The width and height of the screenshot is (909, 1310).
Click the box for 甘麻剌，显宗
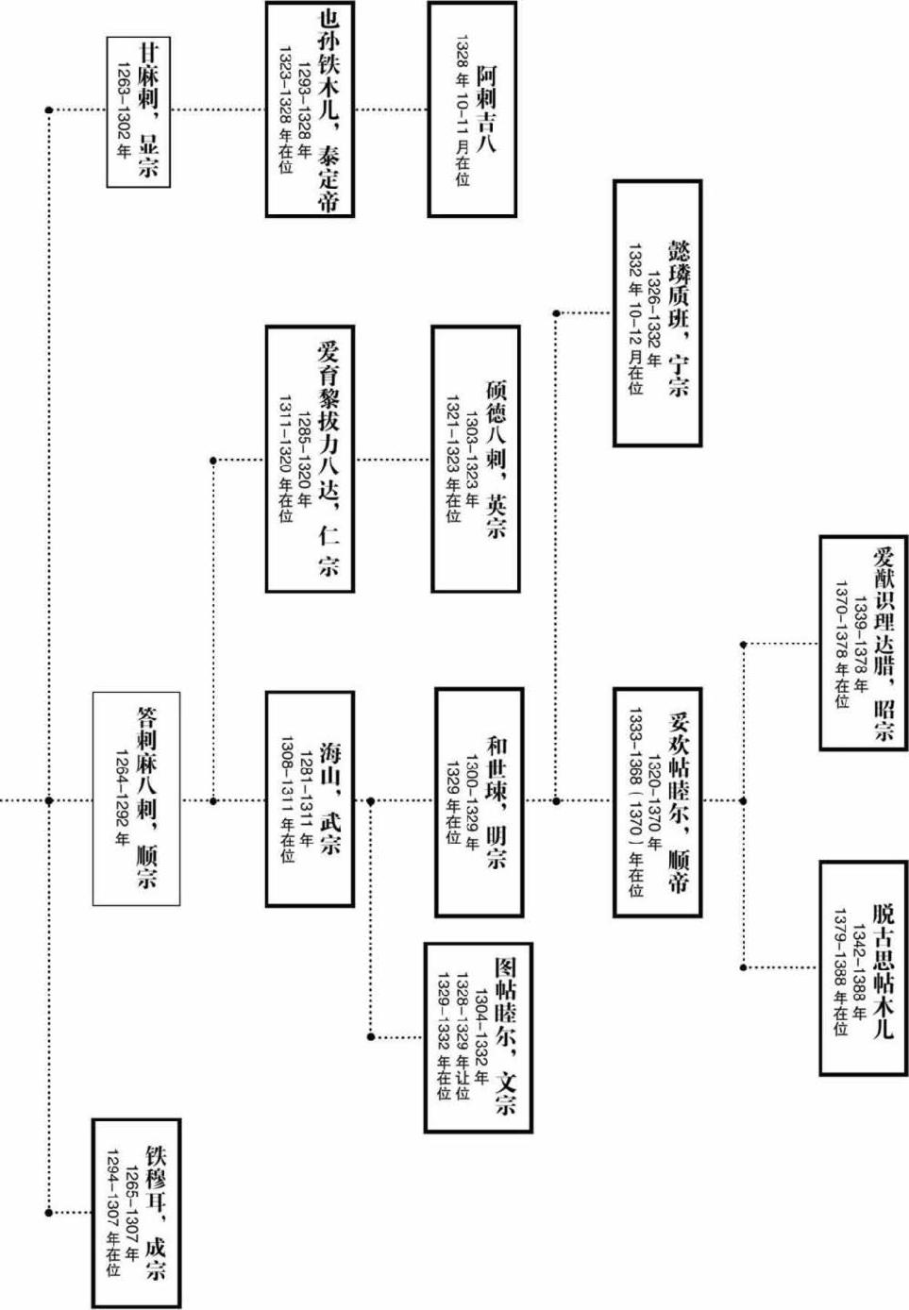(x=138, y=111)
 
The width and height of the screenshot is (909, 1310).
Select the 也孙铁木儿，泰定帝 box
(x=310, y=109)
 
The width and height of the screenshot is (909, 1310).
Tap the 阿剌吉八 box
(x=472, y=109)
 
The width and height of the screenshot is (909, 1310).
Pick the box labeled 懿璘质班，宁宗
(x=657, y=312)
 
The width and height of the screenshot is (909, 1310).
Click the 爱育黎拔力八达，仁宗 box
(x=310, y=460)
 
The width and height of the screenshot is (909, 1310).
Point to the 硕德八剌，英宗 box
(x=476, y=460)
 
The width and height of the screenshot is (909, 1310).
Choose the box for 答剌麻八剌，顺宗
(x=136, y=799)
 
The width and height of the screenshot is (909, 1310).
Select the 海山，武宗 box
(x=310, y=799)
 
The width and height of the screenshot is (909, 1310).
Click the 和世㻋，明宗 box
(x=479, y=801)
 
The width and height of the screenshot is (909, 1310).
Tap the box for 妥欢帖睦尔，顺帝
(x=657, y=801)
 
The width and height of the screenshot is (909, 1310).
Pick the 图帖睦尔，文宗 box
(x=478, y=1036)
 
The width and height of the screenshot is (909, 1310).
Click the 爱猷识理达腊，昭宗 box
(x=863, y=643)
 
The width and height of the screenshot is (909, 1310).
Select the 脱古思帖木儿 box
(x=863, y=967)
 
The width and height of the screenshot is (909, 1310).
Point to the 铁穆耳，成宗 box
(x=136, y=1213)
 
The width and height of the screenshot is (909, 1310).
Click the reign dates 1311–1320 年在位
(x=285, y=460)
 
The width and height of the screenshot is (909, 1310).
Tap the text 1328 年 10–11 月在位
(x=462, y=109)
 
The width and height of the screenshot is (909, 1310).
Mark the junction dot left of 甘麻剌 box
(x=49, y=110)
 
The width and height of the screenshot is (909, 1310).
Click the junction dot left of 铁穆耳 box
(x=49, y=1213)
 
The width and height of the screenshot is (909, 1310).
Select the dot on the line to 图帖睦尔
(x=371, y=1036)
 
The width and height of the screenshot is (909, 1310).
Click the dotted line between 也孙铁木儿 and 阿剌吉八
(x=391, y=109)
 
